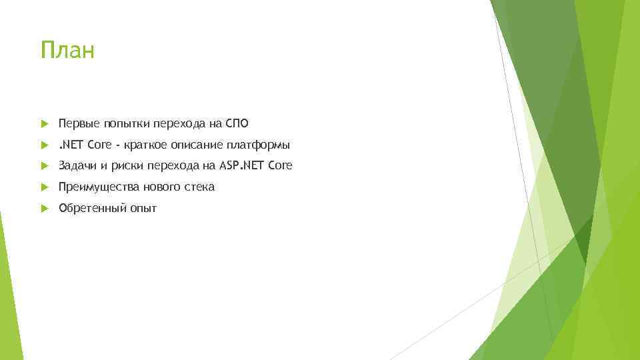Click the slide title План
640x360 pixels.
coord(67,50)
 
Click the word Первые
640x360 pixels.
coord(77,123)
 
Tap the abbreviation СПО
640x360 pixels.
coord(237,123)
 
